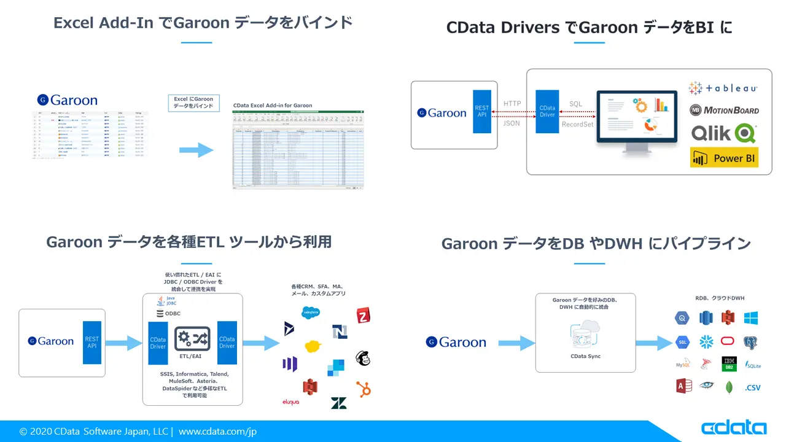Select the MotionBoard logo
tap(724, 110)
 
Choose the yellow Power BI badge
tap(724, 158)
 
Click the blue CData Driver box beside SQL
tap(547, 111)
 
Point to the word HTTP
tap(512, 103)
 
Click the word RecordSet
tap(577, 124)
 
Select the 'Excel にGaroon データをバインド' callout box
tap(193, 103)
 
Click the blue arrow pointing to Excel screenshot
tap(197, 149)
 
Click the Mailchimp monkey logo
tap(364, 358)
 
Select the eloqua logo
tap(290, 402)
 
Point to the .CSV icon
tap(753, 387)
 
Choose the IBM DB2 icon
tap(729, 363)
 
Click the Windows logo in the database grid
tap(750, 318)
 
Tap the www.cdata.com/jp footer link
tap(217, 432)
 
